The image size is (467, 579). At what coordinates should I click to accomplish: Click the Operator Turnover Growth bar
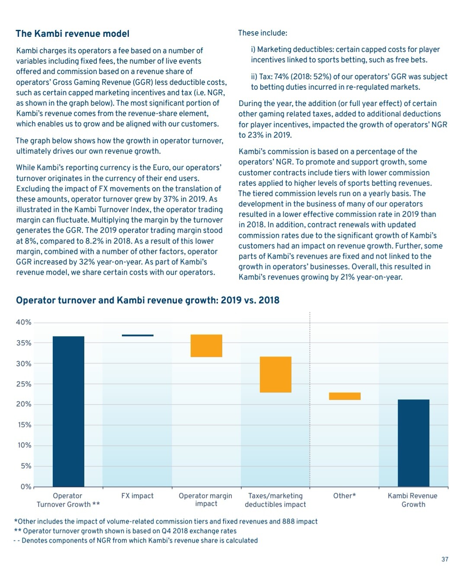point(68,411)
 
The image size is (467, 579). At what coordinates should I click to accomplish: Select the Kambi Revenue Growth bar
point(413,443)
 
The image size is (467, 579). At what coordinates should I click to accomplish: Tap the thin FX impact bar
point(138,335)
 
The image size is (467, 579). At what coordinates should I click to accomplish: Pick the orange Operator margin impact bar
point(206,346)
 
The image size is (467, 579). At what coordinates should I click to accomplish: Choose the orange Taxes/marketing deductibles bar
point(275,374)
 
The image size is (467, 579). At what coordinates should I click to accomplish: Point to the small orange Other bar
point(345,396)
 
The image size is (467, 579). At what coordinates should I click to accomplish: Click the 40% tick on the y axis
point(23,322)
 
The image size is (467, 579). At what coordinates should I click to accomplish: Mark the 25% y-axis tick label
point(23,384)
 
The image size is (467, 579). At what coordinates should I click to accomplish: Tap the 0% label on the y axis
point(26,487)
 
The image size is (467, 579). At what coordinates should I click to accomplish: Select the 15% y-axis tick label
point(23,425)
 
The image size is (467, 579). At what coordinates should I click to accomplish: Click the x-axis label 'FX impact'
point(138,496)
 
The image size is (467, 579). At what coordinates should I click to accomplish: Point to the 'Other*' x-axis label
point(345,496)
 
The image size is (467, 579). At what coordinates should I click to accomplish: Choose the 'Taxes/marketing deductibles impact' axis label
point(275,500)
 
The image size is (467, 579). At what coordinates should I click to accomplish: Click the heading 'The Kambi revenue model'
point(73,34)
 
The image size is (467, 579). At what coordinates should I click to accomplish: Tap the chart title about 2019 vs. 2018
point(147,300)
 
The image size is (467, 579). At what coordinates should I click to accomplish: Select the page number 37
point(445,559)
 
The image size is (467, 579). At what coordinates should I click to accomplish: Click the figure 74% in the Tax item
point(281,77)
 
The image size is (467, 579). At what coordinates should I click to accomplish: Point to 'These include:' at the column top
point(262,33)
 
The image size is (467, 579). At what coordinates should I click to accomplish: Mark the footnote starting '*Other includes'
point(166,521)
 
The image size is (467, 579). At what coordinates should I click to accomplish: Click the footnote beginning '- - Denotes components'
point(135,540)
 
